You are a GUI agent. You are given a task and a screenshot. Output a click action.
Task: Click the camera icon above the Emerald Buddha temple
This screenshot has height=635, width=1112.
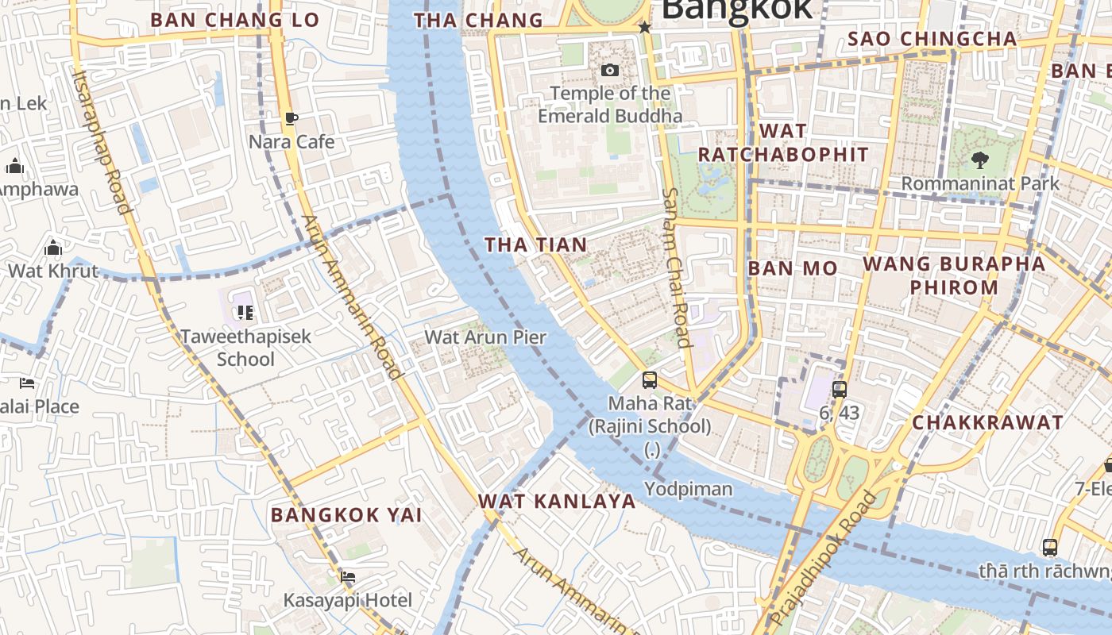(609, 71)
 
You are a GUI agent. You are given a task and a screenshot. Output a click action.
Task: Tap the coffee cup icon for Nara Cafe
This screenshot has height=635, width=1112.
(292, 119)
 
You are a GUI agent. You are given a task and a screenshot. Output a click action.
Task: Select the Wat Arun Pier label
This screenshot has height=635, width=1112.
(485, 337)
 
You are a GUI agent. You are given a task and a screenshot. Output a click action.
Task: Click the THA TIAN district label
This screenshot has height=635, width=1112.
(536, 245)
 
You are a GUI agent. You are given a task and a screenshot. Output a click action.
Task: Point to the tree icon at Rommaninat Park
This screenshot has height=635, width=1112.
(979, 160)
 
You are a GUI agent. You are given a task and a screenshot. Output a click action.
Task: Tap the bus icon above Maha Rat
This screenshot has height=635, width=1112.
(650, 380)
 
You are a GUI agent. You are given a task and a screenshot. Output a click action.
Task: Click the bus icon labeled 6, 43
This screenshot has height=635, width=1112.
(840, 390)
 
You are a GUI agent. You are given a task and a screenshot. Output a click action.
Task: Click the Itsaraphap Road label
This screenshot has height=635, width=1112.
(101, 141)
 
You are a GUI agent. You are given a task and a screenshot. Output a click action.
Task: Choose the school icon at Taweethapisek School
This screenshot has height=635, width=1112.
(245, 313)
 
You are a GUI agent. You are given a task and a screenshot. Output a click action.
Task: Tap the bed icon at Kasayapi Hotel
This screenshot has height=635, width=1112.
(347, 577)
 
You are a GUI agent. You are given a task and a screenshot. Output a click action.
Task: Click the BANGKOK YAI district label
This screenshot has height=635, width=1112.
(346, 515)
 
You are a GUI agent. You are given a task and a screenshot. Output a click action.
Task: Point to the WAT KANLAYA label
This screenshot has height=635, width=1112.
(557, 502)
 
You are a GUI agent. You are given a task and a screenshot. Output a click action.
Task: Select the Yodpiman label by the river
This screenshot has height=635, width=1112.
(688, 489)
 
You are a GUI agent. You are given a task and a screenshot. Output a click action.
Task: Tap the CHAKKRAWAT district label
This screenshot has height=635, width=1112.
(987, 422)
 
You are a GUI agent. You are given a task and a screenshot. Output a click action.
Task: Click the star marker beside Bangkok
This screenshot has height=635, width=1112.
(645, 28)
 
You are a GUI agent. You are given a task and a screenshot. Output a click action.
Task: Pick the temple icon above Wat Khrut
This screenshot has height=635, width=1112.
(53, 248)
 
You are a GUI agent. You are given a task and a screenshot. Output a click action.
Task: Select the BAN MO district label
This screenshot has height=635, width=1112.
(792, 268)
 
